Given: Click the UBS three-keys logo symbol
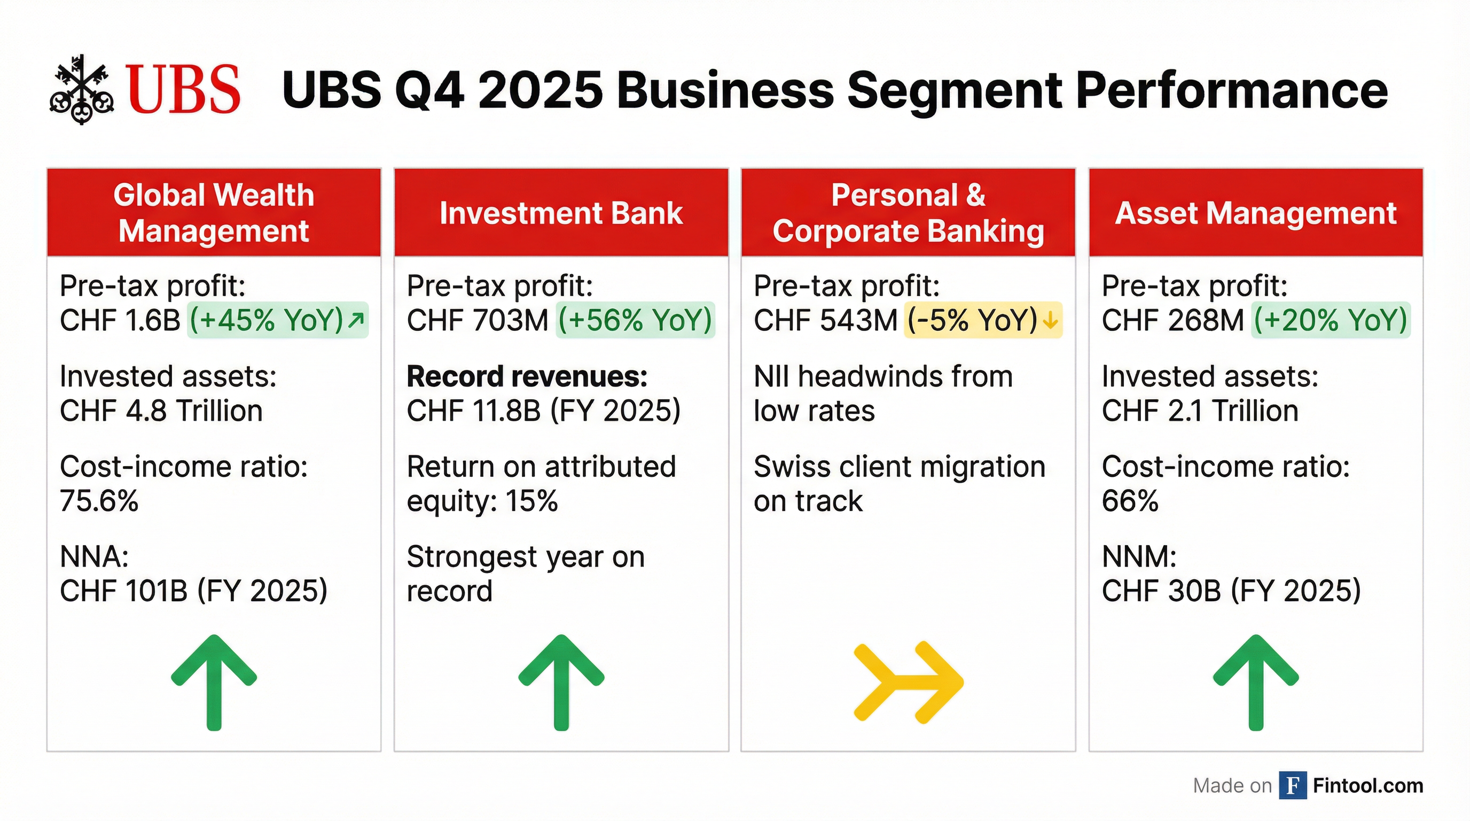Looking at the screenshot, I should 82,90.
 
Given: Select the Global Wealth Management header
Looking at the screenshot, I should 214,212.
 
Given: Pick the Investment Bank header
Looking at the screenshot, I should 561,213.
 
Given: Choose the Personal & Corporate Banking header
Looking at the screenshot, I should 908,212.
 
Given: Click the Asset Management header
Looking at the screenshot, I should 1255,213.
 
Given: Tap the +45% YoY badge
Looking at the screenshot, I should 277,320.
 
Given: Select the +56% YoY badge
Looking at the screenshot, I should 635,320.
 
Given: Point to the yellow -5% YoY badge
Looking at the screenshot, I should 983,320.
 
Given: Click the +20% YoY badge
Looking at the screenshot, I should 1330,320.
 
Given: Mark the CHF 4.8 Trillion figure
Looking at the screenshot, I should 161,410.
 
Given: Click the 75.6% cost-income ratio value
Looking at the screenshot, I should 99,501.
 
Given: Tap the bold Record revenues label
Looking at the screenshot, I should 527,376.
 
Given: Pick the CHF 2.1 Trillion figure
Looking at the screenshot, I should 1200,410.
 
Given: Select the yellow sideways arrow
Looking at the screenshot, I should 908,681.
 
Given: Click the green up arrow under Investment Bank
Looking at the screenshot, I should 561,681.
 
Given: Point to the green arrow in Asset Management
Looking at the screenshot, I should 1255,681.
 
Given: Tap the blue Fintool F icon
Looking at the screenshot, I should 1293,785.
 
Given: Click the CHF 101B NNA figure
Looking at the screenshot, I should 193,590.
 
